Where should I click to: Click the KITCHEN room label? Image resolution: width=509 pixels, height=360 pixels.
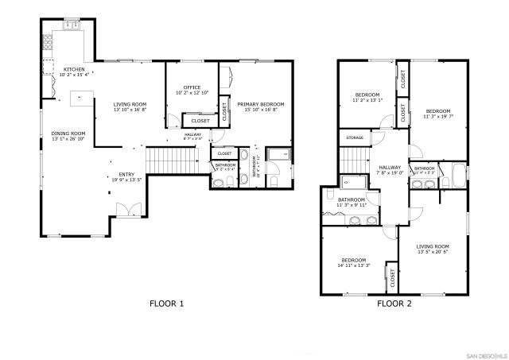point(74,70)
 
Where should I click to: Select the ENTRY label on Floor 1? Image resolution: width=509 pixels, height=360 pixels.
point(127,174)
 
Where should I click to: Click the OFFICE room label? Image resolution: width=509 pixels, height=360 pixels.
point(191,87)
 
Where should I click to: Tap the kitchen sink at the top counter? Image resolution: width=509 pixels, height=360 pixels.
point(71,25)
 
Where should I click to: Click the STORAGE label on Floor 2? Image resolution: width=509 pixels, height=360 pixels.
point(355,138)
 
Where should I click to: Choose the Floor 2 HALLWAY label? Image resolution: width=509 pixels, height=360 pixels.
point(389,167)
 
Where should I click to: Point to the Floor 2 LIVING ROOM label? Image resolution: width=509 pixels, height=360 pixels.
point(433,246)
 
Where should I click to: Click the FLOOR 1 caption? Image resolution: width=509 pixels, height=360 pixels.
point(167,304)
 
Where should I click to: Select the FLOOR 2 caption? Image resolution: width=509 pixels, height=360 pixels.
point(394,304)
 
